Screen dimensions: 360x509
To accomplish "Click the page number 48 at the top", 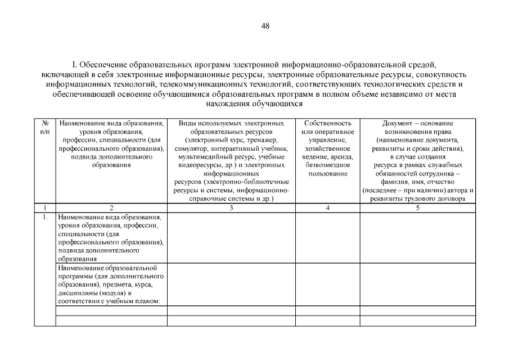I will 265,26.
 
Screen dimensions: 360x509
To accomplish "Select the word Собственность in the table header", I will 327,123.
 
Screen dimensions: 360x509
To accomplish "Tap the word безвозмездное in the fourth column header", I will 327,165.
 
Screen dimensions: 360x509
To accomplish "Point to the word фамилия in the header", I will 392,182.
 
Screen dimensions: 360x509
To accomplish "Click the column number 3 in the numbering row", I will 231,208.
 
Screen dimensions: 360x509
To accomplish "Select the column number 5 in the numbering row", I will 417,208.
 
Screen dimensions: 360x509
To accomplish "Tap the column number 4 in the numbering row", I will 327,208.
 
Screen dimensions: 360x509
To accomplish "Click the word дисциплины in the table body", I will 76,293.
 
